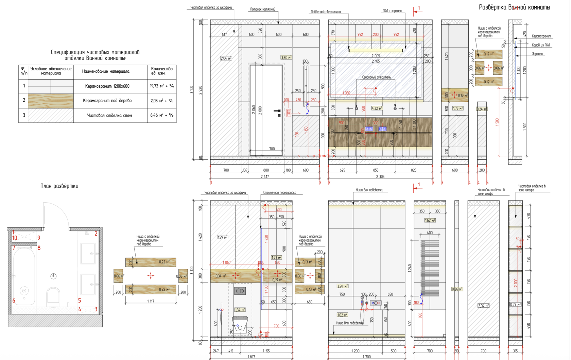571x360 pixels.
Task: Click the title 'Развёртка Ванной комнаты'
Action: pyautogui.click(x=514, y=7)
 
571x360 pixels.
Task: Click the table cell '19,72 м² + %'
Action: pyautogui.click(x=162, y=86)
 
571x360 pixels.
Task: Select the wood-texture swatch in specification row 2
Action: pyautogui.click(x=51, y=101)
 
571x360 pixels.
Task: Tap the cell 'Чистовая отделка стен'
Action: pyautogui.click(x=109, y=115)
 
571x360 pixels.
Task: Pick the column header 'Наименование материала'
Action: pyautogui.click(x=106, y=71)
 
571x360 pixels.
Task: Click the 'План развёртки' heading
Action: pyautogui.click(x=59, y=186)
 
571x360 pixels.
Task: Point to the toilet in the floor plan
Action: pyautogui.click(x=53, y=295)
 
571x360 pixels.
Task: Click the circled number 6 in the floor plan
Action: pyautogui.click(x=53, y=276)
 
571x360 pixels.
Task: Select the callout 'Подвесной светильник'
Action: pyautogui.click(x=325, y=12)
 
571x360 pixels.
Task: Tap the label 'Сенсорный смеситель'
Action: pyautogui.click(x=376, y=78)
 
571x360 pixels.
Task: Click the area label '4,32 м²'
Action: pyautogui.click(x=377, y=108)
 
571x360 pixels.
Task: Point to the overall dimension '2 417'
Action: pyautogui.click(x=265, y=176)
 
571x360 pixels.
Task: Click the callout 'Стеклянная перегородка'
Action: pyautogui.click(x=279, y=193)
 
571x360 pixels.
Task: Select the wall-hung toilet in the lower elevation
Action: pyautogui.click(x=240, y=323)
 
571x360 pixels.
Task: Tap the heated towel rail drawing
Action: pyautogui.click(x=430, y=267)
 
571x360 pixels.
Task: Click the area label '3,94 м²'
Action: pyautogui.click(x=342, y=286)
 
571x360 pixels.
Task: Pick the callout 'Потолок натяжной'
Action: pyautogui.click(x=263, y=10)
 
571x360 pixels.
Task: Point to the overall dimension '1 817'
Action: pyautogui.click(x=251, y=357)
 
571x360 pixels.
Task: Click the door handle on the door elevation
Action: pyautogui.click(x=277, y=111)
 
